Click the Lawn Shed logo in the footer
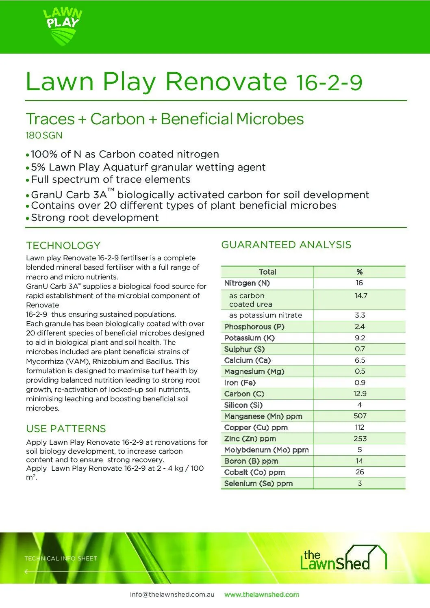coord(343,558)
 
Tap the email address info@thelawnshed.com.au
coord(172,594)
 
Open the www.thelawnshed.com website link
coord(262,594)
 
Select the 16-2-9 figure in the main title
coord(329,82)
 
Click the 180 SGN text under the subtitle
coord(44,136)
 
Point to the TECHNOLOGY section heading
coord(63,245)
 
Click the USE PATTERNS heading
coord(66,428)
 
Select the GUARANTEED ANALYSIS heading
coord(286,244)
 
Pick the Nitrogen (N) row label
coord(247,283)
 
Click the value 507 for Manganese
coord(360,416)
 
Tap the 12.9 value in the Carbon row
coord(360,394)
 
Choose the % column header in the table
coord(360,272)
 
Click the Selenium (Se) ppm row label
coord(258,483)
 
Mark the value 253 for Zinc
coord(360,439)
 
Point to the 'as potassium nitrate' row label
coord(265,315)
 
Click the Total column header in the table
coord(267,272)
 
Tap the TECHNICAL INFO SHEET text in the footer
coord(61,558)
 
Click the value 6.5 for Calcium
coord(360,360)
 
